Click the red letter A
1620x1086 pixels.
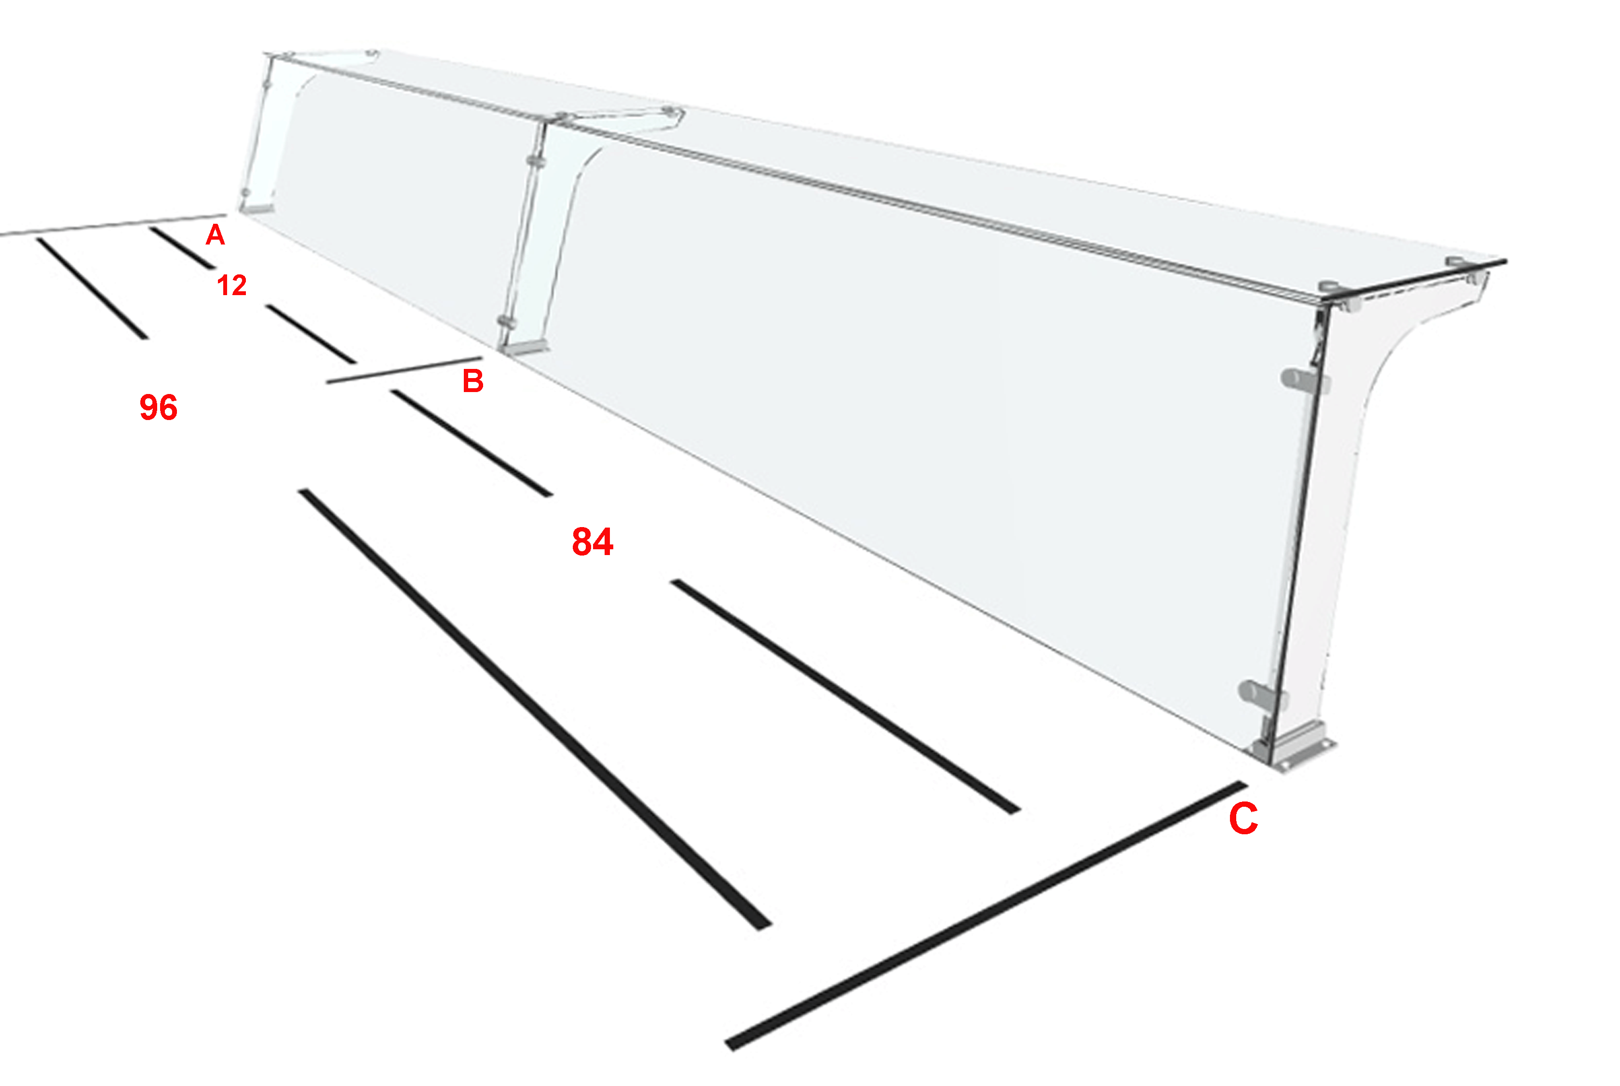click(216, 235)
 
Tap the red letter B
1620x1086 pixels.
click(473, 381)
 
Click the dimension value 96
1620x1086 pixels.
click(159, 407)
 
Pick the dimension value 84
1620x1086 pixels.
click(593, 542)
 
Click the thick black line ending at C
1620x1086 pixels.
click(986, 916)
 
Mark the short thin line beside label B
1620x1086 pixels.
click(405, 370)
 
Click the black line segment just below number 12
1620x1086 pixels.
click(311, 333)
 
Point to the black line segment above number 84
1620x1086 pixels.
click(472, 443)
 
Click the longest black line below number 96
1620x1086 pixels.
click(535, 709)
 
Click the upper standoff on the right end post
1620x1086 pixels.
click(1304, 380)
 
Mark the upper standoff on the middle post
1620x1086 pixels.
click(536, 161)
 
